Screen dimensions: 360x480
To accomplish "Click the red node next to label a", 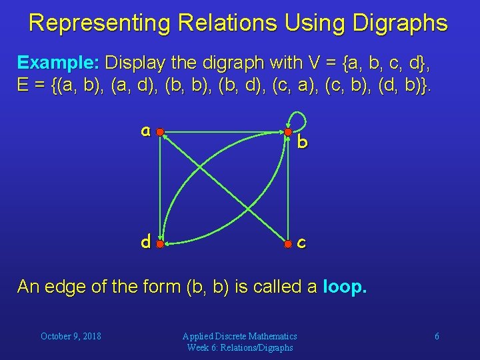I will tap(160, 132).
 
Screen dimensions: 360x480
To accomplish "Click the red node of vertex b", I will tap(287, 132).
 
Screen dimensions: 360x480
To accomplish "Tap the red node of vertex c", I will tap(287, 243).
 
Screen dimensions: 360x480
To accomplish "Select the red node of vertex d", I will tap(160, 243).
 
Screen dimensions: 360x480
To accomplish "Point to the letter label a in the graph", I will tap(145, 131).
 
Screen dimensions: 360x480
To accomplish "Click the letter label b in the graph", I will tap(302, 142).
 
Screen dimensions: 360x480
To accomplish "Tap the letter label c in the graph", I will tap(301, 243).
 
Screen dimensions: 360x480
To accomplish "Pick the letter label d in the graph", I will tap(145, 241).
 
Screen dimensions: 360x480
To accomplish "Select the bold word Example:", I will tap(59, 63).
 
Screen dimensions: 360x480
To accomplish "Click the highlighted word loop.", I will tap(344, 287).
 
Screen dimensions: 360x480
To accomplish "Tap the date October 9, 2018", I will tap(71, 336).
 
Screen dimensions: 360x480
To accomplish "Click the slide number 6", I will tap(437, 336).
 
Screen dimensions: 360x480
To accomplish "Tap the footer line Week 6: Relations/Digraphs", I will tap(240, 347).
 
